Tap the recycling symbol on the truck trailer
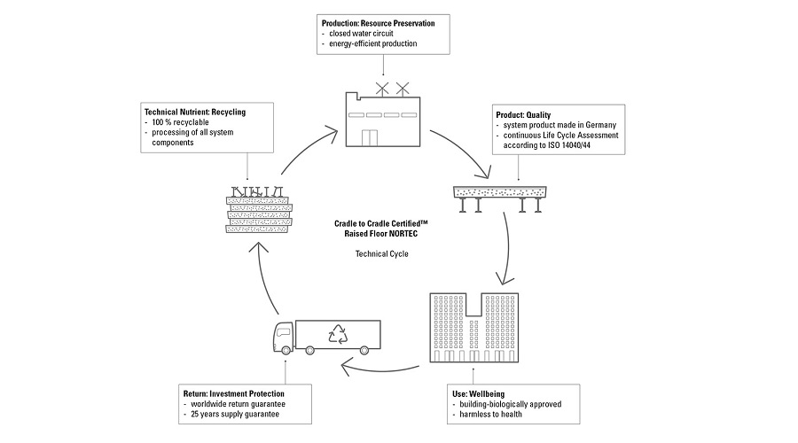click(340, 334)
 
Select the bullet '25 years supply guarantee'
click(228, 415)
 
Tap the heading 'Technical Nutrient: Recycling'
click(194, 112)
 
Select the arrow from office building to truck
click(380, 365)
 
